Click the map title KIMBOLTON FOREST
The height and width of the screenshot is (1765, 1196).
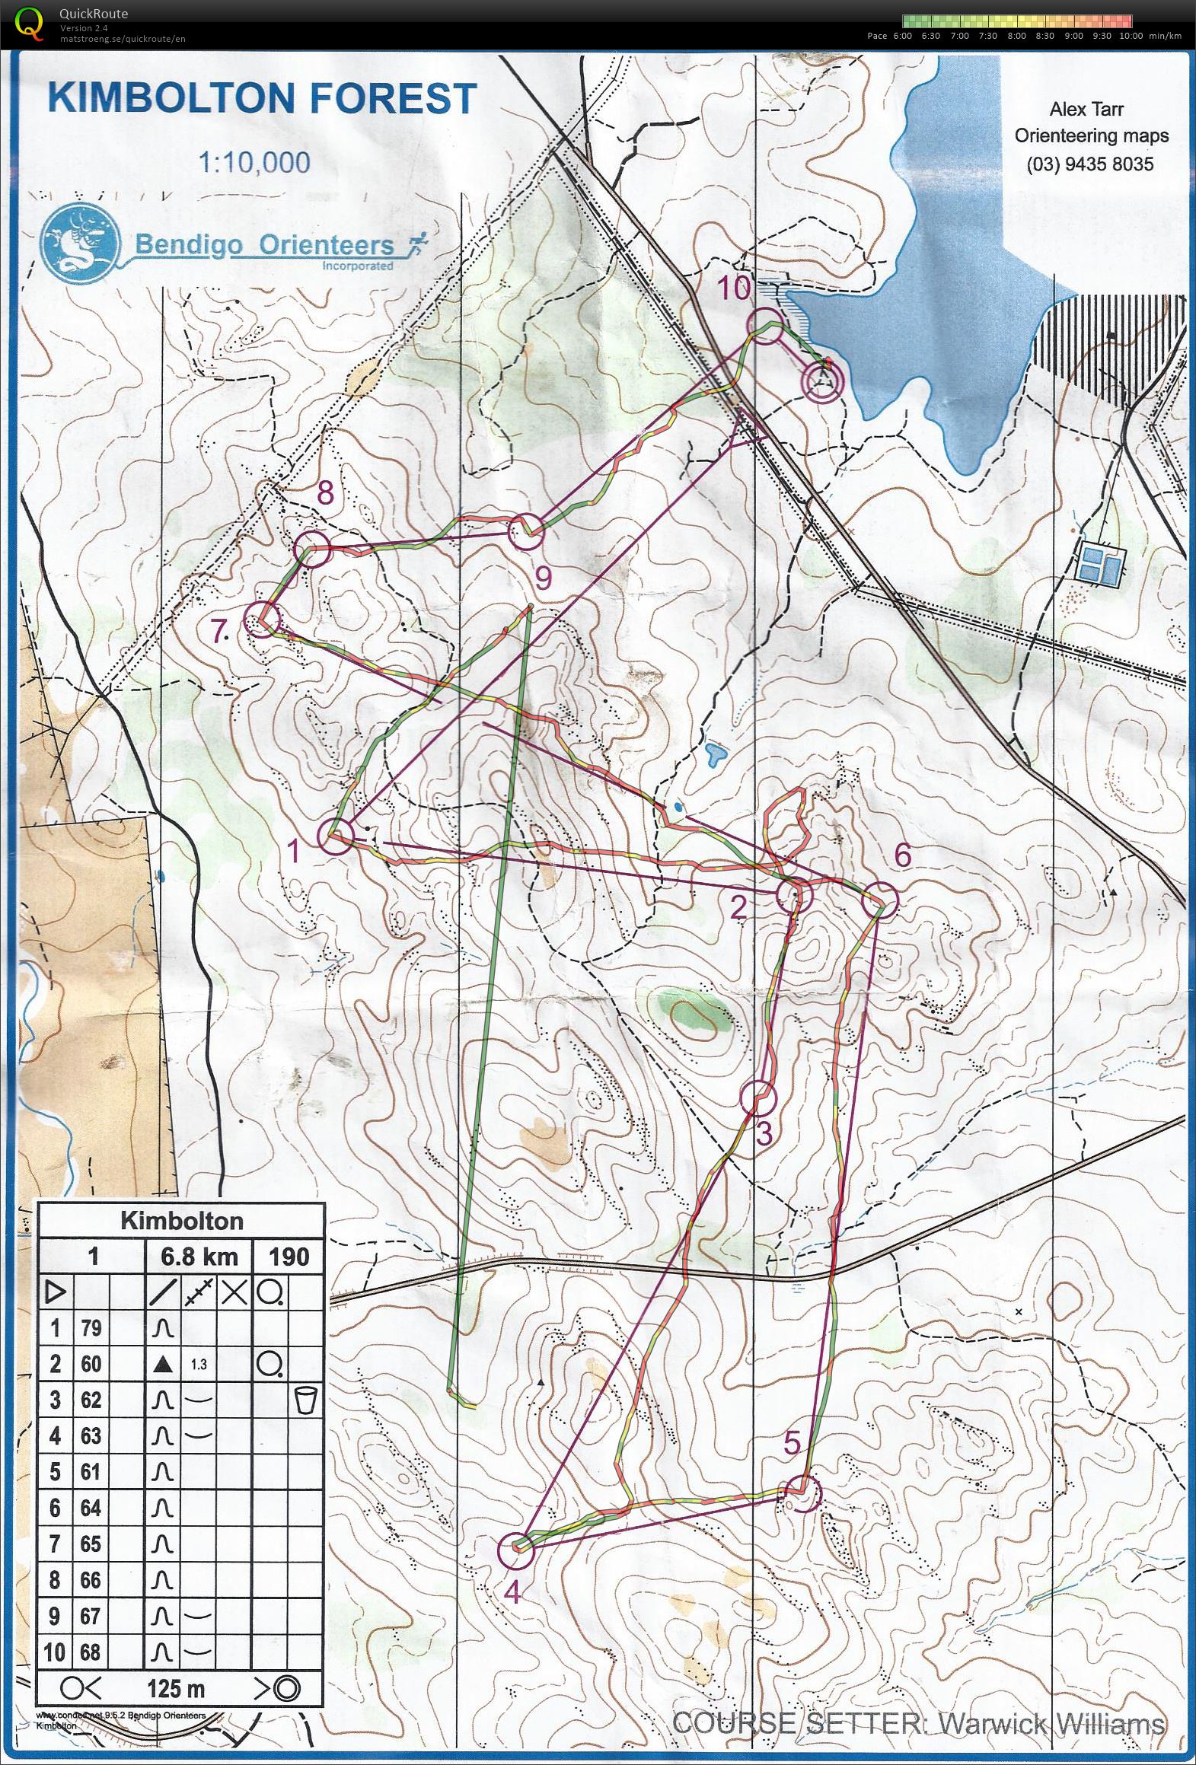(x=262, y=100)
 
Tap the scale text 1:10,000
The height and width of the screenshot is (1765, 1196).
(x=254, y=162)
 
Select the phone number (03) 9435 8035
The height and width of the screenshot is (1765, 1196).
(x=1089, y=164)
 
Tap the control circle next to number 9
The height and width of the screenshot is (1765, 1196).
(x=526, y=532)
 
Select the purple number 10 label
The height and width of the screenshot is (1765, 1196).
(x=734, y=289)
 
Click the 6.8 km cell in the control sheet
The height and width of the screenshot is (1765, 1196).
(x=199, y=1256)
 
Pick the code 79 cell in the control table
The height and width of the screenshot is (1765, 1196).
(x=91, y=1328)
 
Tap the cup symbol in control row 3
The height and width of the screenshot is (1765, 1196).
(x=306, y=1400)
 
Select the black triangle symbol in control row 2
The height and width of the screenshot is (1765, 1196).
(x=161, y=1365)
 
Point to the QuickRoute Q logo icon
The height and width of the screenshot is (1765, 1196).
(x=29, y=22)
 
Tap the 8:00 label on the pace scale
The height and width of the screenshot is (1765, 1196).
(x=1016, y=36)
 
